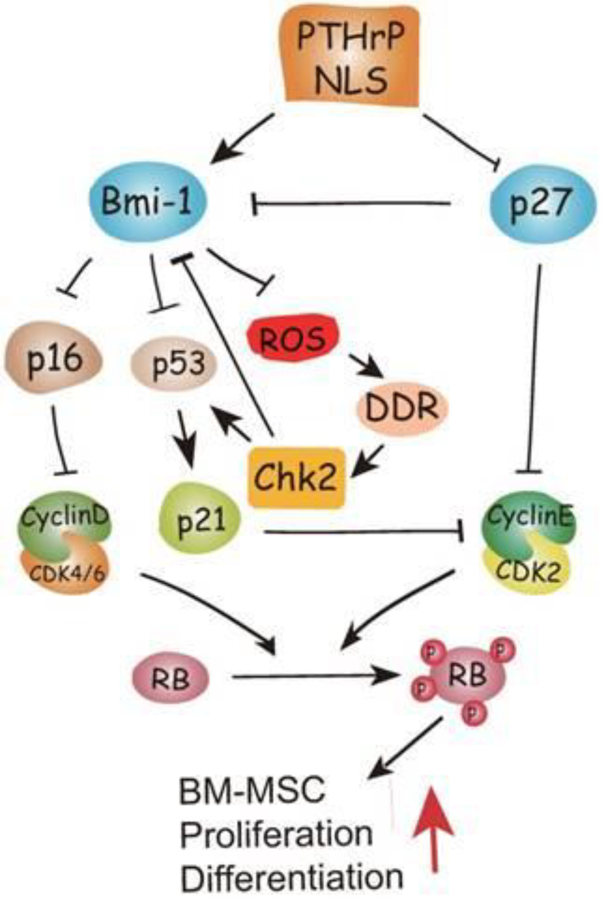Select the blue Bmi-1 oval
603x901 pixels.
pos(148,202)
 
